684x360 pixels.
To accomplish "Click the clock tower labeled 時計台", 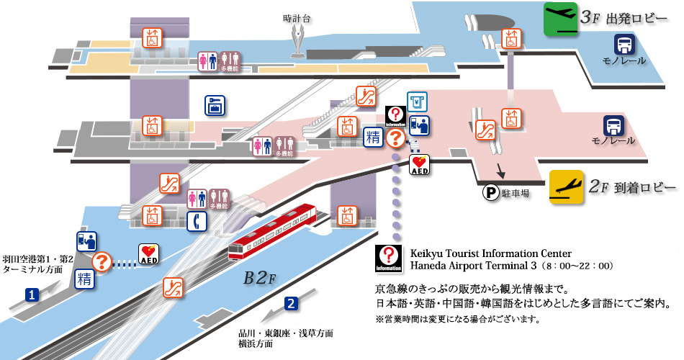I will tap(297, 40).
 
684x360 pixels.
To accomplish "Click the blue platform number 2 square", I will tap(290, 303).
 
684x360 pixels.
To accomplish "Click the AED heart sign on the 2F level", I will tap(419, 165).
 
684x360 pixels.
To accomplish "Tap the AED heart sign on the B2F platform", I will tap(148, 253).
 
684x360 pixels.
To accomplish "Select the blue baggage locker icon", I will tap(214, 105).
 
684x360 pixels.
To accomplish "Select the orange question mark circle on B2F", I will tap(103, 262).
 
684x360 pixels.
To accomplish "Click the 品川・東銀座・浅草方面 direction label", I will tap(287, 333).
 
